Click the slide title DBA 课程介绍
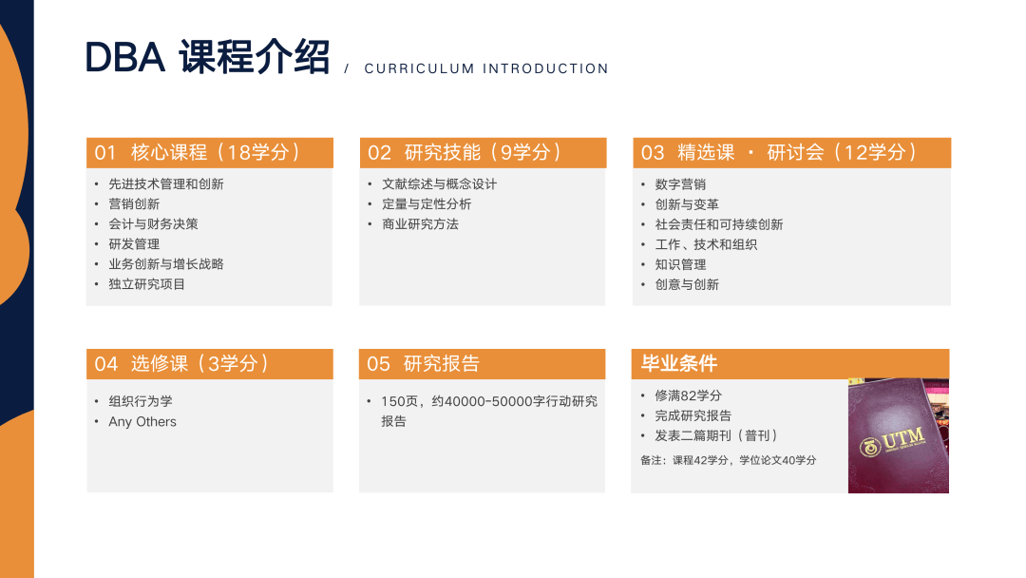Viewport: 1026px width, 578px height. click(207, 57)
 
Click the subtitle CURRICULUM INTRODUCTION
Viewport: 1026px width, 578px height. click(486, 68)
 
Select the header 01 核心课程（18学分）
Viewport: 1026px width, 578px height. click(198, 152)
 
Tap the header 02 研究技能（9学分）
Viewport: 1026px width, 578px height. click(465, 152)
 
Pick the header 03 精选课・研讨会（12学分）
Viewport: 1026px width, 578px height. click(779, 152)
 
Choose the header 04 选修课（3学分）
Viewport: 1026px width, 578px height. click(181, 364)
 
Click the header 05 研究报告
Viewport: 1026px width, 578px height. click(423, 364)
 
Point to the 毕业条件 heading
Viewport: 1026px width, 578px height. click(679, 363)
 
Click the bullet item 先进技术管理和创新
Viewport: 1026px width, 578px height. click(166, 183)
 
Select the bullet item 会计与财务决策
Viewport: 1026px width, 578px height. click(153, 223)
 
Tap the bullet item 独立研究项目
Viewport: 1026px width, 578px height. click(146, 284)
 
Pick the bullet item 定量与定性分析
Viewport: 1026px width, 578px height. click(427, 204)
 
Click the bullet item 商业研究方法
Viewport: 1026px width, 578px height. click(420, 223)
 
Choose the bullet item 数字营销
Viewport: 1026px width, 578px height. click(680, 184)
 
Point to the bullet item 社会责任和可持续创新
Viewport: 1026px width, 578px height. click(719, 224)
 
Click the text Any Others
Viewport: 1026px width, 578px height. click(142, 421)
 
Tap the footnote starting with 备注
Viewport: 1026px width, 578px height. click(729, 460)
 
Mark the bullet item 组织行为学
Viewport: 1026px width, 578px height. click(141, 401)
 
